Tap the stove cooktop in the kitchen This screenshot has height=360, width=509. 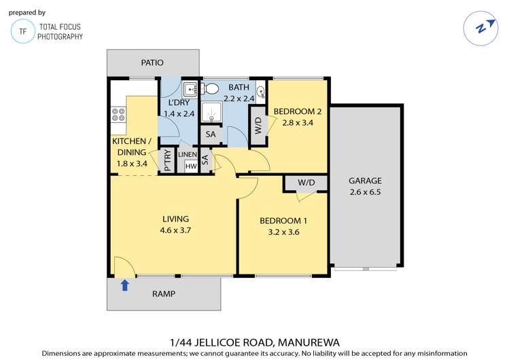click(x=118, y=115)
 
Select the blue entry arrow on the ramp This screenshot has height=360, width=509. click(x=125, y=285)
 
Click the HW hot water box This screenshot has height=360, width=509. click(x=191, y=166)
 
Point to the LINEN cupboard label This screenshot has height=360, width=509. click(x=188, y=155)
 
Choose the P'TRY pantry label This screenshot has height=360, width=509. click(x=167, y=160)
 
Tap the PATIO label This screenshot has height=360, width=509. click(x=152, y=62)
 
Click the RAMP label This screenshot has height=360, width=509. click(x=164, y=294)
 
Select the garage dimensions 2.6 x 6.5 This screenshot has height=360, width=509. click(x=365, y=192)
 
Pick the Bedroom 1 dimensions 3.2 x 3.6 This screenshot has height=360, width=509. click(x=283, y=232)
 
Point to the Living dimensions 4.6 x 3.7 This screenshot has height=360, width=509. click(x=175, y=230)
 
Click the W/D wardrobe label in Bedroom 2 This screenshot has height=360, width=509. click(x=258, y=126)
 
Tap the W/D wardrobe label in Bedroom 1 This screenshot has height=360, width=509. click(x=306, y=183)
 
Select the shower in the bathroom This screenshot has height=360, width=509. click(x=211, y=112)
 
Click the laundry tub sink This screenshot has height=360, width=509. click(x=190, y=90)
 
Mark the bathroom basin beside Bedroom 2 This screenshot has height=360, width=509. click(x=261, y=92)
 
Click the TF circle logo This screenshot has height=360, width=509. click(x=22, y=31)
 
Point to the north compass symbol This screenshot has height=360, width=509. click(x=480, y=29)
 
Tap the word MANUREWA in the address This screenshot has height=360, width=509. click(x=309, y=342)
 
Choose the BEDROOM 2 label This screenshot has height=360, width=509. click(x=298, y=111)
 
